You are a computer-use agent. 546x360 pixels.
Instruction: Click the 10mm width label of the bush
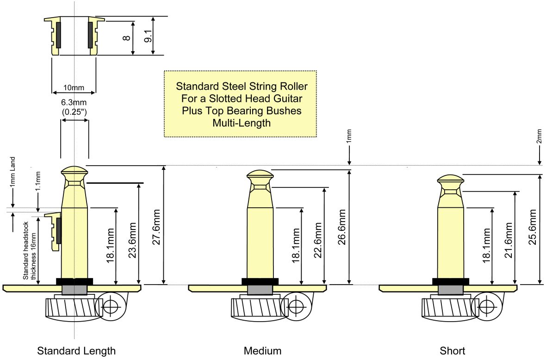[74, 87]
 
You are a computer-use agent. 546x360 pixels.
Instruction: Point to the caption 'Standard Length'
[76, 350]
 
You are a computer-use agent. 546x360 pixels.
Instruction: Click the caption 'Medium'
[262, 350]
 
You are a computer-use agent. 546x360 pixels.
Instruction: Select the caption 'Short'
[452, 350]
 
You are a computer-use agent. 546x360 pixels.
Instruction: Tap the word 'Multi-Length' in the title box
[241, 123]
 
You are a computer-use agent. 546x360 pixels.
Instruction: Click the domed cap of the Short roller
[451, 179]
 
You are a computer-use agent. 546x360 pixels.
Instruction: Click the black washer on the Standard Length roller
[74, 281]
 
